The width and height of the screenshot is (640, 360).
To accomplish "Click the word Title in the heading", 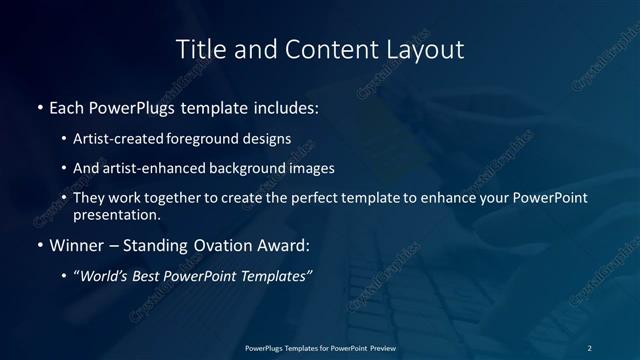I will click(200, 49).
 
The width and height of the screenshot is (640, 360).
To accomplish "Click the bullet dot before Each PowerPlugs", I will click(39, 105).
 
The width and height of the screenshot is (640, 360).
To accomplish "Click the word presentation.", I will click(116, 214).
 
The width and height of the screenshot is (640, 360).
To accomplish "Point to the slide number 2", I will click(589, 347).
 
